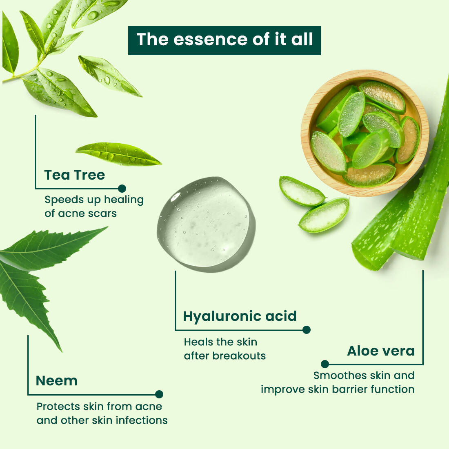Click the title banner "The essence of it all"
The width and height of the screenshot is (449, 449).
click(224, 40)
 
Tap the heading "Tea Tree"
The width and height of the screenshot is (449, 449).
click(75, 175)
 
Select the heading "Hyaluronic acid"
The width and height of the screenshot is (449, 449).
click(240, 316)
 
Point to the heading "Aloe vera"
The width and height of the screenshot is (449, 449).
click(381, 351)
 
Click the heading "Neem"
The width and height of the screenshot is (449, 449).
click(57, 381)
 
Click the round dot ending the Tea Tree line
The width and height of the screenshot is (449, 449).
click(122, 189)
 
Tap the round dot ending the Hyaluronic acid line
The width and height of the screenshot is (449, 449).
click(307, 330)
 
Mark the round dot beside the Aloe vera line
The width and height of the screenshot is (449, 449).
click(325, 364)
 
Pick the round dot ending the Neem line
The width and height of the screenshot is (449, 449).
click(159, 394)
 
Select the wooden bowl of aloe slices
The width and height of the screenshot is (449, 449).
click(364, 133)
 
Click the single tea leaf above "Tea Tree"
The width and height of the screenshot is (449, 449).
click(118, 154)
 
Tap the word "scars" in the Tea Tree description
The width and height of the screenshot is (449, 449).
click(103, 213)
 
